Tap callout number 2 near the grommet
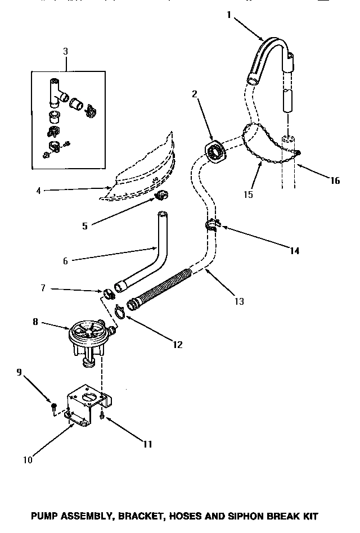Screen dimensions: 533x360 pos(195,95)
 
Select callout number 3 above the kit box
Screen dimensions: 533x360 pos(66,51)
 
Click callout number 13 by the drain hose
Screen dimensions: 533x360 pos(239,301)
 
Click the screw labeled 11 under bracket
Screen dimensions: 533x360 pos(101,417)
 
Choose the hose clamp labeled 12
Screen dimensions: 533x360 pos(120,310)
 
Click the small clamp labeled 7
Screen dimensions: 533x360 pos(109,292)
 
